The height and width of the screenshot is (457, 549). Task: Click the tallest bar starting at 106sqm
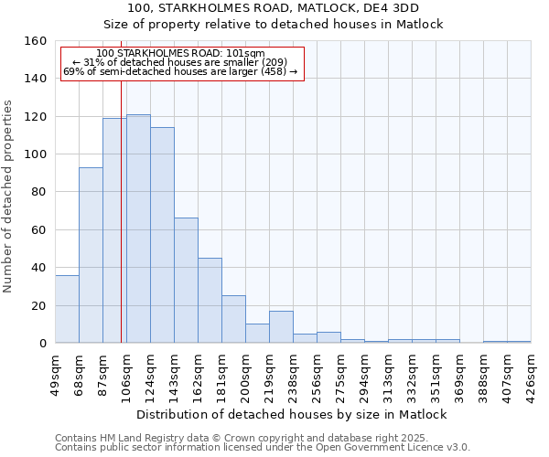[x=138, y=228]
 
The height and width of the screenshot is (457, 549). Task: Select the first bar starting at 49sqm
[x=67, y=309]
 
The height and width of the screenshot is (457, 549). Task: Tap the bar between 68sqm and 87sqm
[x=91, y=255]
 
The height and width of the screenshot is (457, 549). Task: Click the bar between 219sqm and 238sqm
[x=281, y=327]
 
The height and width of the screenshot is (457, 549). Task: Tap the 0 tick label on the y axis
[x=42, y=344]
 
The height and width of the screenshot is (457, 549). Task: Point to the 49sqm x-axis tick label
[x=56, y=371]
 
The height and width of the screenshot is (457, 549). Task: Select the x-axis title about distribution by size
[x=292, y=414]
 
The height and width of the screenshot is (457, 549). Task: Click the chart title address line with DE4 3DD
[x=274, y=8]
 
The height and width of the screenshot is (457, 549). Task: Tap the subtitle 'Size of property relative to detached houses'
[x=274, y=25]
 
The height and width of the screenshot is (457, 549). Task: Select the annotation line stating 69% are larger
[x=180, y=71]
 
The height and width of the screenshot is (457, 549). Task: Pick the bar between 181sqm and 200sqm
[x=233, y=319]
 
